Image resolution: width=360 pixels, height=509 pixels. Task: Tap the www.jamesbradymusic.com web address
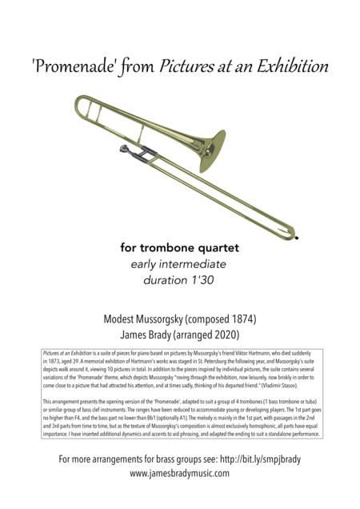tap(180, 473)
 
